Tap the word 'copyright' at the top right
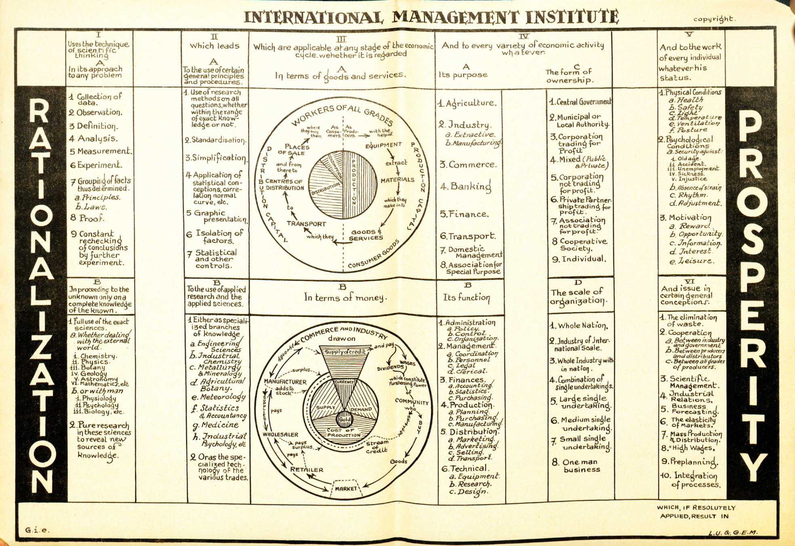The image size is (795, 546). point(714,19)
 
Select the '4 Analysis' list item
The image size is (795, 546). point(93,139)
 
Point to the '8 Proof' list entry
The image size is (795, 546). point(86,218)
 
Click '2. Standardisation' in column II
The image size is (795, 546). point(215,140)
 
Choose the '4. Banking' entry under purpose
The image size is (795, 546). point(466,186)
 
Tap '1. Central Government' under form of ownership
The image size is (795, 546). point(580,102)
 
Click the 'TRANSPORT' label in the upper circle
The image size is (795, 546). point(306,224)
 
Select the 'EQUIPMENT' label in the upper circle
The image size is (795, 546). point(384,145)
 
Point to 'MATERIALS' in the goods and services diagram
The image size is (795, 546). point(397,180)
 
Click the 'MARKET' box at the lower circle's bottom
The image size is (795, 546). point(346,489)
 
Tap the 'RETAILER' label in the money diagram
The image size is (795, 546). point(307,470)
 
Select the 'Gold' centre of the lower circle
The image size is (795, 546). point(344,419)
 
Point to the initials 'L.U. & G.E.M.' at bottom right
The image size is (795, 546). point(732,532)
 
